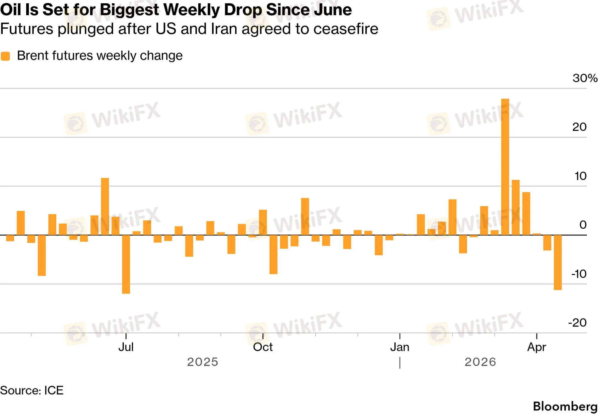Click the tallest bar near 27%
click(505, 167)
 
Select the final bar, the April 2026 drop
click(557, 262)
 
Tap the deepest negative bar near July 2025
click(126, 264)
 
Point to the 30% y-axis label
click(585, 78)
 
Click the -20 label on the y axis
click(577, 323)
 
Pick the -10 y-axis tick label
click(579, 274)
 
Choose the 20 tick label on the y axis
click(579, 127)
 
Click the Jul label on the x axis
click(126, 347)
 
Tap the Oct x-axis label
click(263, 347)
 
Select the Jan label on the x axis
click(400, 347)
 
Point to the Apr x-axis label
click(536, 347)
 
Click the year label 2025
click(203, 362)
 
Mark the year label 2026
click(480, 362)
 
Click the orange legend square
click(5, 56)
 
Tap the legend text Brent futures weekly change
click(100, 56)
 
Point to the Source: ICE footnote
click(32, 391)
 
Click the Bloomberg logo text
click(565, 406)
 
